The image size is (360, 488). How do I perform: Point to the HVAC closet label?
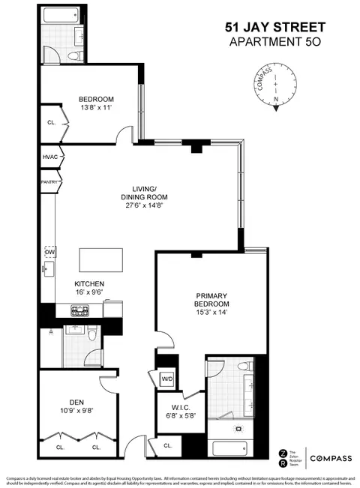coord(50,157)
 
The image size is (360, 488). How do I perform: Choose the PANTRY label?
coord(49,181)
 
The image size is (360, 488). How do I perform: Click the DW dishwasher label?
coord(50,253)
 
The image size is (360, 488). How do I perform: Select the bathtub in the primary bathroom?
coord(233,450)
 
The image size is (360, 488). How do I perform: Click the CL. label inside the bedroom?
coord(51,122)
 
